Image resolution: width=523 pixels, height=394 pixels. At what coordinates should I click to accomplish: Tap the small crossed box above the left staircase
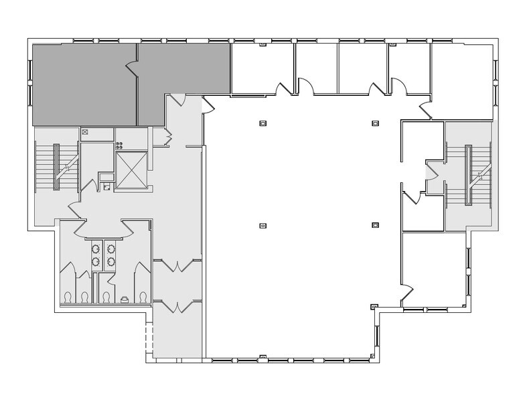point(85,132)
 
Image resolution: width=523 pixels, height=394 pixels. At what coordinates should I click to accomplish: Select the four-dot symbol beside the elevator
point(119,145)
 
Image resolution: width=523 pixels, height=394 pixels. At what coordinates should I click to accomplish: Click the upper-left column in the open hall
point(263,123)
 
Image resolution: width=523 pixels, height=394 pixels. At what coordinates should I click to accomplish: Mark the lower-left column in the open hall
point(263,225)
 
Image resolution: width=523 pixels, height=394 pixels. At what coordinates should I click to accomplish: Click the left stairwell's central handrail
point(56,167)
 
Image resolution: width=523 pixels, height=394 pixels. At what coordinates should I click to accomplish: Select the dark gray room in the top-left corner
point(84,84)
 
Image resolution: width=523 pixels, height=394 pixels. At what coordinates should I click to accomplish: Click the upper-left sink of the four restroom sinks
point(96,249)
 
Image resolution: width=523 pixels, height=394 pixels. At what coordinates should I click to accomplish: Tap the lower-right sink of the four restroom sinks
point(110,261)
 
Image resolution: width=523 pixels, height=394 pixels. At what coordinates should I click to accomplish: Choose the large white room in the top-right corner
point(463,74)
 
